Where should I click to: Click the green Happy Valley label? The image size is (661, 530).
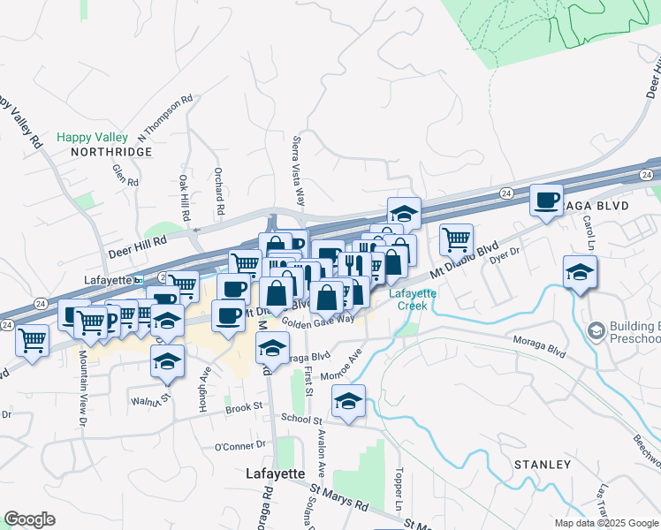click(x=93, y=137)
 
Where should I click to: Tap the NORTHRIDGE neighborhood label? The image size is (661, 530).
click(x=111, y=152)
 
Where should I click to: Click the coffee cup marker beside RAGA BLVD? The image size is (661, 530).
click(x=546, y=201)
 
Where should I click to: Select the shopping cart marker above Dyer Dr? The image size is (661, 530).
click(x=456, y=238)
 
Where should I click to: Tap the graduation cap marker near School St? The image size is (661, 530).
click(x=349, y=401)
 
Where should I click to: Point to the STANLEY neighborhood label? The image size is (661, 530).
click(x=542, y=465)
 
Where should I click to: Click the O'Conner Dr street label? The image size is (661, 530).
click(x=240, y=446)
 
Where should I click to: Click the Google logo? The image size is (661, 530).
click(x=30, y=519)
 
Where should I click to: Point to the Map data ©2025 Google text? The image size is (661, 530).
click(x=606, y=522)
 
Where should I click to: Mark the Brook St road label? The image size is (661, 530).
click(x=245, y=408)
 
